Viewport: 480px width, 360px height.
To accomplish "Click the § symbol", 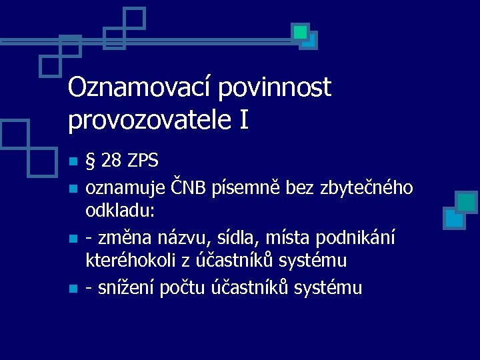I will pyautogui.click(x=91, y=162).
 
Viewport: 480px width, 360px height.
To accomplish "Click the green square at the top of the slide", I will pyautogui.click(x=301, y=31).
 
